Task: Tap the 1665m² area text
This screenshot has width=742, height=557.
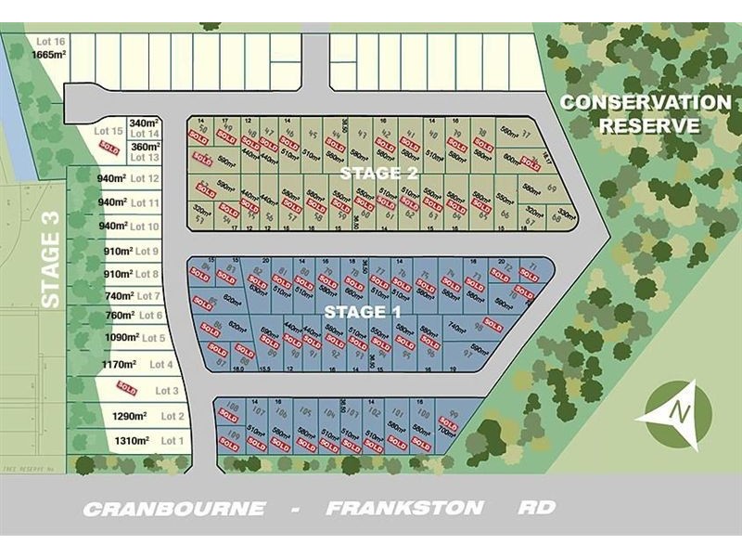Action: [49, 54]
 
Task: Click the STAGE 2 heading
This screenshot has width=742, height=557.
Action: [378, 174]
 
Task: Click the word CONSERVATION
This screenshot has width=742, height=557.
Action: [646, 103]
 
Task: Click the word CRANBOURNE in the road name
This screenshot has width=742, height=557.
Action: [173, 508]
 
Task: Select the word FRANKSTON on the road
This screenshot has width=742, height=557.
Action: [404, 508]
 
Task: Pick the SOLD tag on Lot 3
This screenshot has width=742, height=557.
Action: [127, 388]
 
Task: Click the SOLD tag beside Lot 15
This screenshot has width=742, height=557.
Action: [109, 148]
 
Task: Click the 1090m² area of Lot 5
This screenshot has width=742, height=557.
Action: [122, 338]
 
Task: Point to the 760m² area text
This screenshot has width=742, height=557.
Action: [122, 316]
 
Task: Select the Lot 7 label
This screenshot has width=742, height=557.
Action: [148, 295]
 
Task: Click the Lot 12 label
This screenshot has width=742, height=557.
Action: [146, 178]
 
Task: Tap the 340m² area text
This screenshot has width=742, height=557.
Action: [145, 123]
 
